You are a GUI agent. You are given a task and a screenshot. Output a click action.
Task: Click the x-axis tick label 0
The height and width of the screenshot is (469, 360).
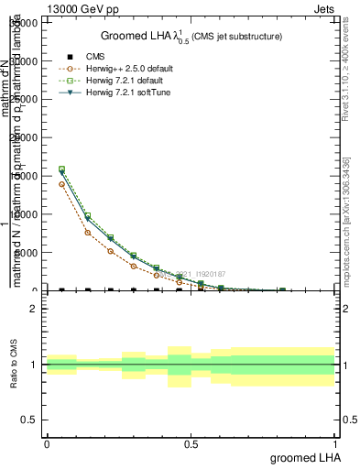pyautogui.click(x=47, y=442)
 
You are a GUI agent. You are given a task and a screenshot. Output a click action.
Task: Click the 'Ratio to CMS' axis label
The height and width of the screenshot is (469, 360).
pyautogui.click(x=14, y=364)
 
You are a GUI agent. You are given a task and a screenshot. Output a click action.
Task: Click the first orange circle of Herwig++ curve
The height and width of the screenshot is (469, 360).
pyautogui.click(x=61, y=184)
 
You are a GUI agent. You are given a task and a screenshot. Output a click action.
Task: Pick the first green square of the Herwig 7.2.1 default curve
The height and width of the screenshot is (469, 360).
pyautogui.click(x=61, y=169)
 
